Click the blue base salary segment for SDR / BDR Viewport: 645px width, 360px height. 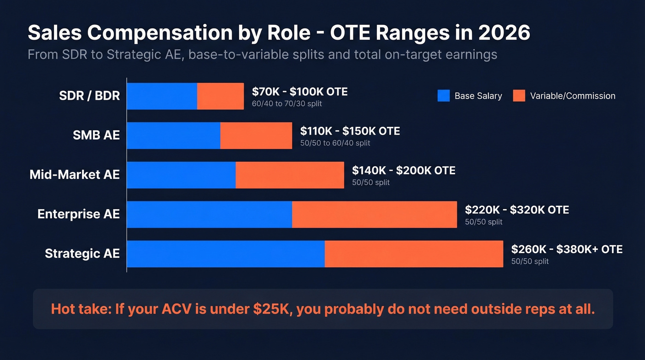[x=162, y=96]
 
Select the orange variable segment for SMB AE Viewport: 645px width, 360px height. [x=256, y=136]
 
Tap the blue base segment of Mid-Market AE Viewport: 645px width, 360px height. [x=181, y=175]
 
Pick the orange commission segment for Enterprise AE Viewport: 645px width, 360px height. [x=374, y=214]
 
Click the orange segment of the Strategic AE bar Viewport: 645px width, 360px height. [x=414, y=254]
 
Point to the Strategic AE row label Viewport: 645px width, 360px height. [x=82, y=254]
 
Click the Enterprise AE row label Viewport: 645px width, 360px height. [x=78, y=214]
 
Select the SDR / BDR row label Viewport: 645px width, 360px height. [x=89, y=96]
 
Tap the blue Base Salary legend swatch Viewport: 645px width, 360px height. [x=443, y=96]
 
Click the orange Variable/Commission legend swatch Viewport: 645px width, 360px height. [x=519, y=96]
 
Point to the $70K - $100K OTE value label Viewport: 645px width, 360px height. [x=299, y=92]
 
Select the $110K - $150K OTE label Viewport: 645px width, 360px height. [x=350, y=131]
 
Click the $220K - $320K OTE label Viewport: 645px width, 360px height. [x=516, y=210]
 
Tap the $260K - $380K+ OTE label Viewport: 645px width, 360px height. [x=567, y=249]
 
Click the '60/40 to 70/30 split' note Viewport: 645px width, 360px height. [x=287, y=104]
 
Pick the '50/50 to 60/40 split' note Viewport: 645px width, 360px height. [x=335, y=143]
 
